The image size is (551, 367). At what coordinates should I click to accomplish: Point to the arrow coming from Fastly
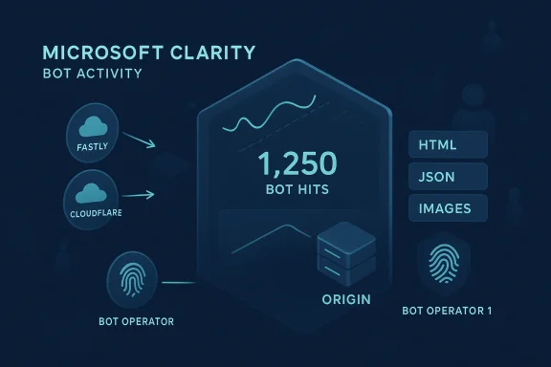(x=140, y=141)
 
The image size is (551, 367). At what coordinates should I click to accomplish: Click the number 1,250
(x=297, y=164)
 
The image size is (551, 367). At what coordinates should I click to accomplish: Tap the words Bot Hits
(x=297, y=191)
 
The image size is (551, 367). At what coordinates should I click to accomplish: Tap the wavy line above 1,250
(x=268, y=112)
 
